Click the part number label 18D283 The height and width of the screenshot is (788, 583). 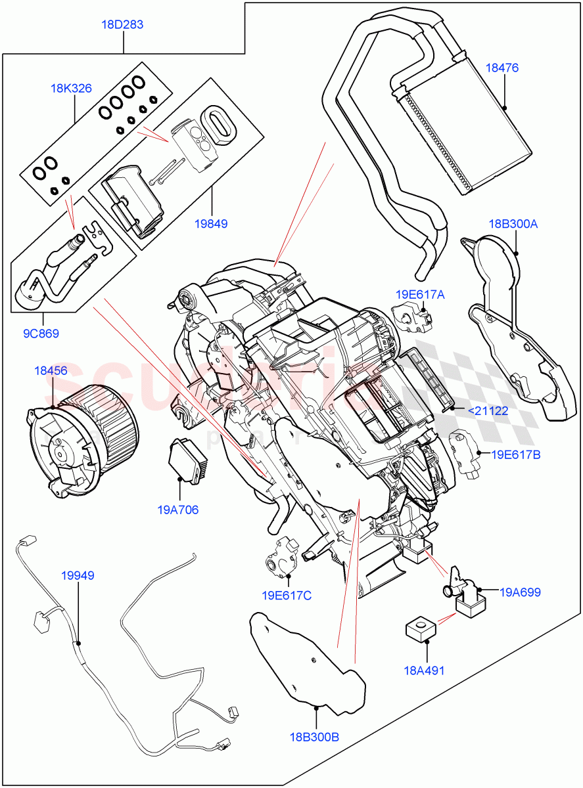click(122, 25)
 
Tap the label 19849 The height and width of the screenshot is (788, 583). click(210, 223)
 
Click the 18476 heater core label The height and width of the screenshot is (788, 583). click(502, 67)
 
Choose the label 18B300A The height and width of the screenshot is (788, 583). click(513, 224)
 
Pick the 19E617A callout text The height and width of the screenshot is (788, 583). click(419, 295)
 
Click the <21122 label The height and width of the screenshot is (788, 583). click(487, 412)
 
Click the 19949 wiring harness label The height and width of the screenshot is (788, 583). click(78, 576)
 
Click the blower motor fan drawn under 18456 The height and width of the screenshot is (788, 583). click(82, 439)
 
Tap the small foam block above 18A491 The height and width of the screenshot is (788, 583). click(419, 629)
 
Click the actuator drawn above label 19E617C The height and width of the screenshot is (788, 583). click(281, 556)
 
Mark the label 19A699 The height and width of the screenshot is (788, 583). click(519, 592)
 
